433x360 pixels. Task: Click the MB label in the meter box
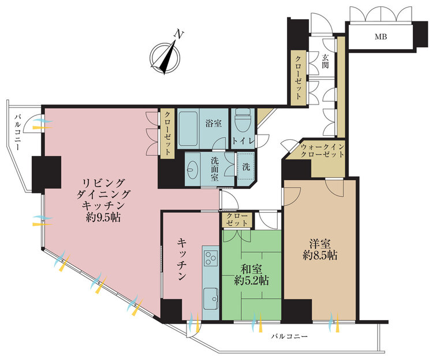[x=381, y=36]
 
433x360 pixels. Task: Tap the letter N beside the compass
[x=178, y=34]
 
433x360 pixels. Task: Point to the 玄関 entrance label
[x=325, y=61]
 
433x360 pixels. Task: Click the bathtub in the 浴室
[x=188, y=129]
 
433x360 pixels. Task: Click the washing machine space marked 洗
[x=246, y=167]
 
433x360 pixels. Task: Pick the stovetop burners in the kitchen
[x=210, y=257]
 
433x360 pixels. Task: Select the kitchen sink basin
[x=210, y=299]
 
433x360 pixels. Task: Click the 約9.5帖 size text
[x=103, y=217]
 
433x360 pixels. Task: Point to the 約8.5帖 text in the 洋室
[x=320, y=255]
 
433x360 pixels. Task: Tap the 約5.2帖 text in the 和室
[x=252, y=281]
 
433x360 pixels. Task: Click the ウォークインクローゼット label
[x=322, y=151]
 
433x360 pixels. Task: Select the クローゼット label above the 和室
[x=237, y=219]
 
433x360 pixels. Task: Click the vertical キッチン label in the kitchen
[x=182, y=259]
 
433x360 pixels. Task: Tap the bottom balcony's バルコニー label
[x=289, y=336]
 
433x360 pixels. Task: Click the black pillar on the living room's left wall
[x=46, y=174]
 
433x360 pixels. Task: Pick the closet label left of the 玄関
[x=298, y=77]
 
